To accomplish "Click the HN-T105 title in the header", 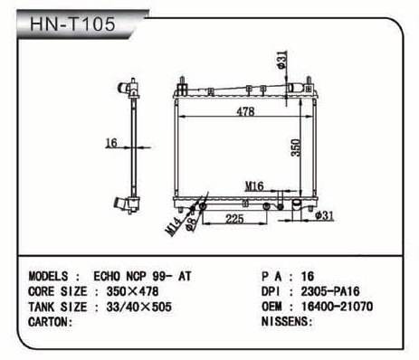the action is (72, 24).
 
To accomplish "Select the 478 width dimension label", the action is (245, 111).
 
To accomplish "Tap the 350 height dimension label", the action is (296, 147).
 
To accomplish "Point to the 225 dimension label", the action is (234, 219).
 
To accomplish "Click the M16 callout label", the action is (254, 186).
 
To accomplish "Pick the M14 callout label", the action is (174, 226).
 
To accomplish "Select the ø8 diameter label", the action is (191, 224).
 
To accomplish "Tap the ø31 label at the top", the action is (281, 60).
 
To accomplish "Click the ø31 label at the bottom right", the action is (324, 215).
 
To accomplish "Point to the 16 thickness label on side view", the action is (111, 142).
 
